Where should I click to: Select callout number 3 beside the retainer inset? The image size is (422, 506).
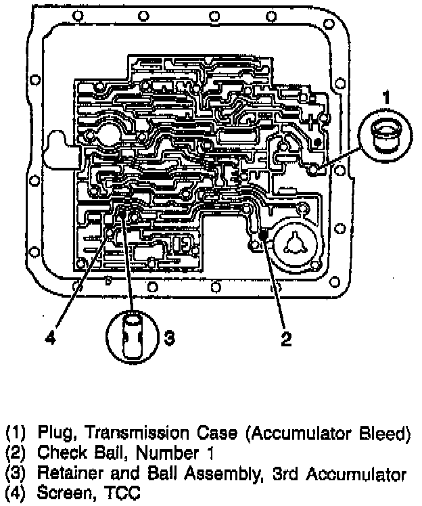click(170, 337)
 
